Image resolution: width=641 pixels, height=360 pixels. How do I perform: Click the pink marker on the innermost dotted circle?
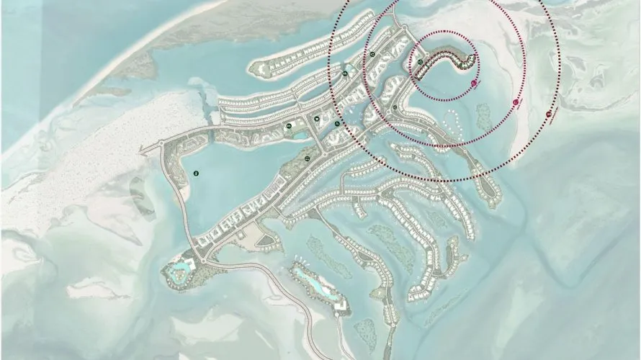474,84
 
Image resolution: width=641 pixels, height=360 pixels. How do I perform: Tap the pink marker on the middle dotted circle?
516,104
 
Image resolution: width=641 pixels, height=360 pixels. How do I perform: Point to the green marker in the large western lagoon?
197,172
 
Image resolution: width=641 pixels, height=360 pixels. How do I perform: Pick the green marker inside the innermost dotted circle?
420,63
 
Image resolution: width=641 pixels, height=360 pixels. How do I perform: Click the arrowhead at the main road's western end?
142,151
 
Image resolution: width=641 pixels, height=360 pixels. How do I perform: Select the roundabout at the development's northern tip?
403,27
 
